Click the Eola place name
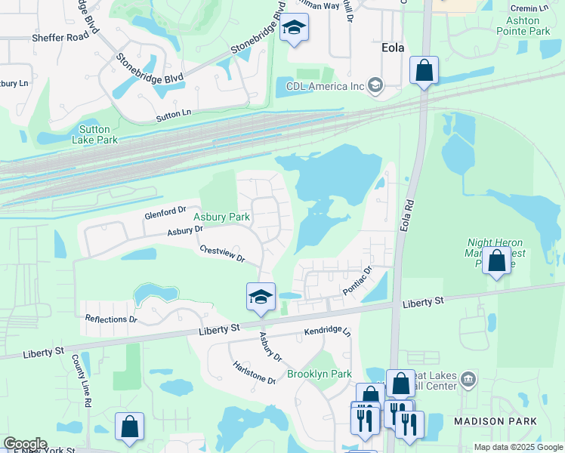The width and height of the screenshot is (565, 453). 391,48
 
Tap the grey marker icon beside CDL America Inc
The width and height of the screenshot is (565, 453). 375,86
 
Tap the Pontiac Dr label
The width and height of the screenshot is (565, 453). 357,279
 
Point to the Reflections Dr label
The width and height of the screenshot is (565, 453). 111,319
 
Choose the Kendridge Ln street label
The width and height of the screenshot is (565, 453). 328,331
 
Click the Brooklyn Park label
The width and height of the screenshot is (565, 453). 319,374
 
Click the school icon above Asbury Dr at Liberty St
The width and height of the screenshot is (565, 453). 260,296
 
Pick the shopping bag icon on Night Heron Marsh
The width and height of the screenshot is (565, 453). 497,261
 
